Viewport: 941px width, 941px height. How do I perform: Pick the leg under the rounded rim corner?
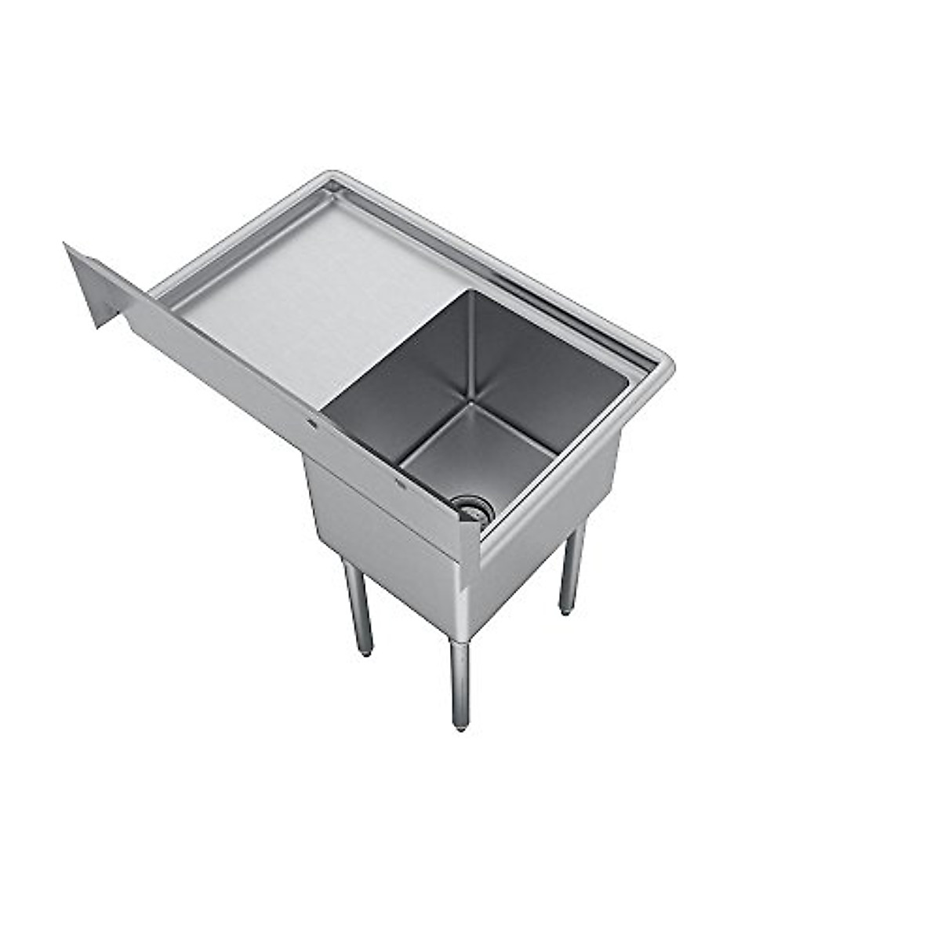[571, 569]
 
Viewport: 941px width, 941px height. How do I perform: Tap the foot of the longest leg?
[461, 725]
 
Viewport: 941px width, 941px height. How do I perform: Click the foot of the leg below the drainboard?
[364, 650]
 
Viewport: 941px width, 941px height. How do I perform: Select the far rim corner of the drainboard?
[333, 177]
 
